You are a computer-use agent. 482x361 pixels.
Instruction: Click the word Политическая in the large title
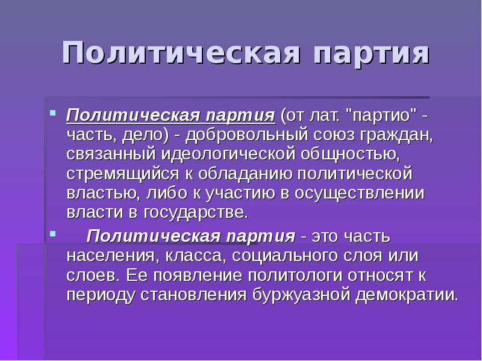(x=181, y=54)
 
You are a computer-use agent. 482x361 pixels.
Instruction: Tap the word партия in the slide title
(x=371, y=54)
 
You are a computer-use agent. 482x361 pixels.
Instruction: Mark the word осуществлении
(x=366, y=194)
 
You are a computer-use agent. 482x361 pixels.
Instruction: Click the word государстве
(x=196, y=213)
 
